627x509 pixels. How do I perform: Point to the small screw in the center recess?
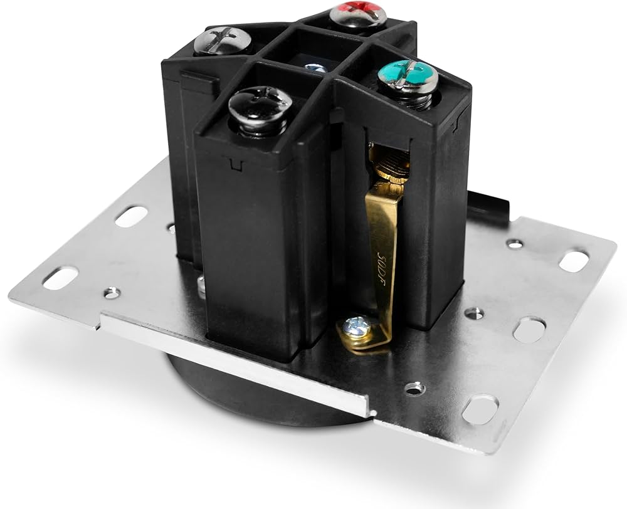point(315,68)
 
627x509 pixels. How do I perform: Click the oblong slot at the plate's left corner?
point(60,277)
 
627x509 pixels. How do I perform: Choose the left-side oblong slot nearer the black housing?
point(131,216)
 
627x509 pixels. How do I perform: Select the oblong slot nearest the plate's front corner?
point(480,409)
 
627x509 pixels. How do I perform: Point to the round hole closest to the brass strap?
point(414,389)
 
